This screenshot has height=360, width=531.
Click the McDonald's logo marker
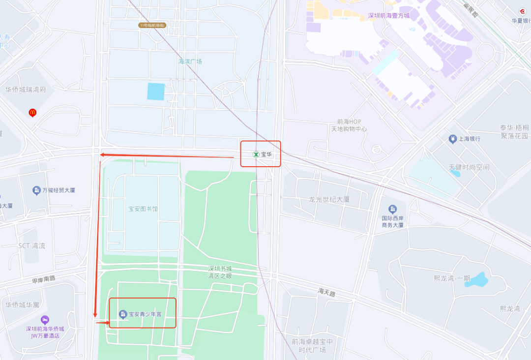point(32,113)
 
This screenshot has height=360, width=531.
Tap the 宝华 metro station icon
point(256,154)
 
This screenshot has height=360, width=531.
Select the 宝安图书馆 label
point(143,209)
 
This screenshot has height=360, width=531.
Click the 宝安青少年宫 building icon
point(123,314)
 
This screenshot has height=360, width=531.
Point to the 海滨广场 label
point(190,61)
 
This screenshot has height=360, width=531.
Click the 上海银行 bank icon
point(452,139)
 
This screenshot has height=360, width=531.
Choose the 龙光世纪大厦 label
point(329,200)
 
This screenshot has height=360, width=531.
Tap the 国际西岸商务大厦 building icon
point(392,209)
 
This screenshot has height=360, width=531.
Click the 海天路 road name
point(326,293)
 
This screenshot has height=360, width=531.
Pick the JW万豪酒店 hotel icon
point(45,320)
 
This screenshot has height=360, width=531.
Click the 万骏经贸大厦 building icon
point(36,190)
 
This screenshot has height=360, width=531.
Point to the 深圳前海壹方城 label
point(388,16)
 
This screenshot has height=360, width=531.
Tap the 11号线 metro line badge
point(151,25)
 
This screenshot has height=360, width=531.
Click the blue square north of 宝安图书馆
point(156,91)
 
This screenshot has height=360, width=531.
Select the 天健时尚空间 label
point(469,167)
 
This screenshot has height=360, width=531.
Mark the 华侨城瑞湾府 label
point(26,90)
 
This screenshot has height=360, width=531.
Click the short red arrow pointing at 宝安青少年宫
point(103,323)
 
